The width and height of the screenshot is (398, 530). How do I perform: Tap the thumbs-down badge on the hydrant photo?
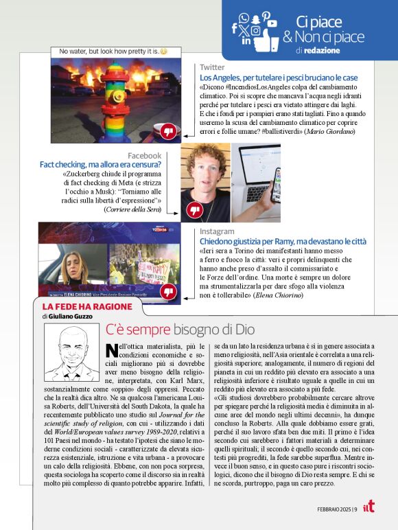(168, 130)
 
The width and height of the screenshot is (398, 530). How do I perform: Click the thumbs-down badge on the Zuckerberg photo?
(195, 210)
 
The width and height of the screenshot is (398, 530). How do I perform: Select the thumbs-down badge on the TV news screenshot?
(168, 292)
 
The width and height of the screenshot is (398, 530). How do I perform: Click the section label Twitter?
(212, 67)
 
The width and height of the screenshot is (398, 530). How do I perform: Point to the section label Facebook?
(144, 156)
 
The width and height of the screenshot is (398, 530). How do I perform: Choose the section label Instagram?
(217, 232)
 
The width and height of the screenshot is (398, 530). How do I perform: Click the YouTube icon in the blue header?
(272, 23)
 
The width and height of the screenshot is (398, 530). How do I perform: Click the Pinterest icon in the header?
(266, 14)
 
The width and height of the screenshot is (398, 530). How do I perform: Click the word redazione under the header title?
(318, 51)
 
